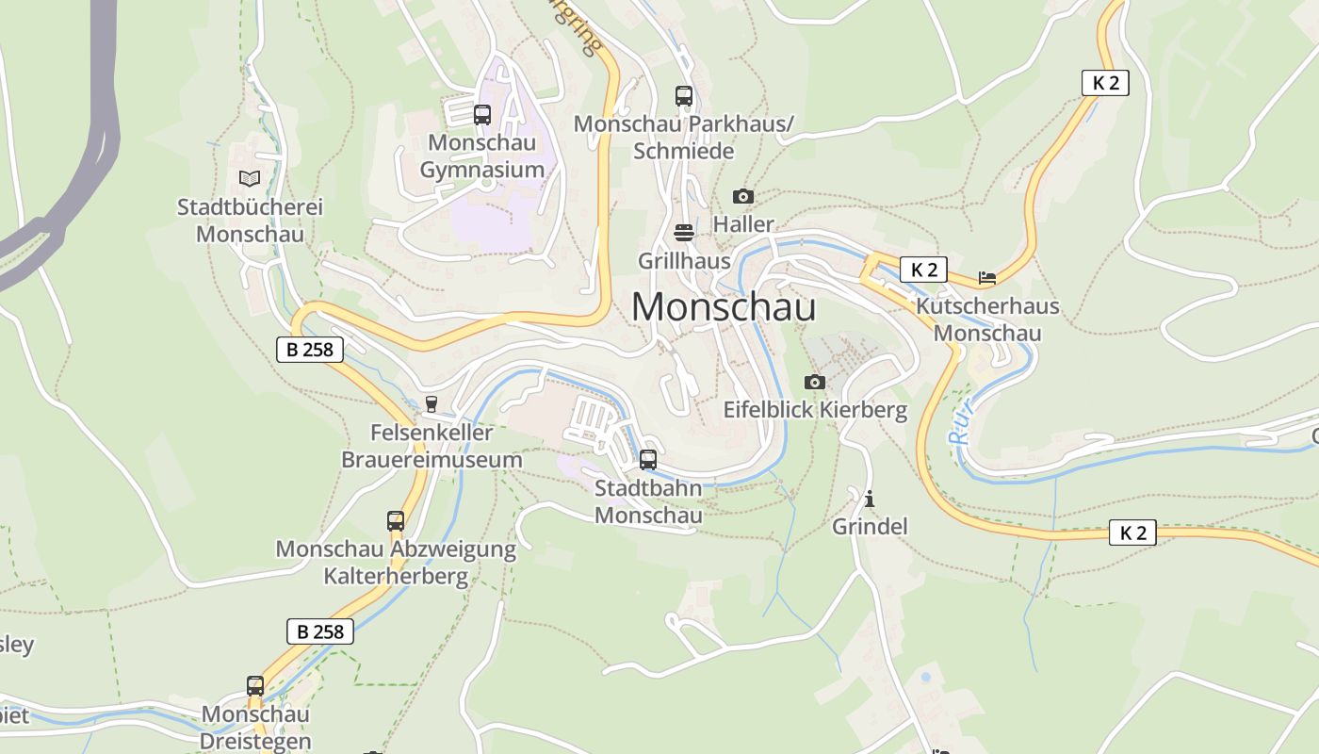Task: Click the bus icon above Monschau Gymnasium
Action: (x=482, y=115)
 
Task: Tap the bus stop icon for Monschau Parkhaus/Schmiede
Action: (x=684, y=96)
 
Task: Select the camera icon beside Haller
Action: (x=743, y=196)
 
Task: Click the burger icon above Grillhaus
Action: (x=684, y=233)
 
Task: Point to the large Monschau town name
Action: (x=723, y=307)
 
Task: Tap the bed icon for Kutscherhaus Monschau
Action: (x=986, y=278)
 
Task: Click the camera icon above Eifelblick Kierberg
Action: (x=815, y=382)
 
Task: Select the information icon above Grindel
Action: (x=870, y=499)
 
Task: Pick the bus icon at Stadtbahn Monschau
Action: (x=648, y=460)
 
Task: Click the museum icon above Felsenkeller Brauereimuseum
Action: (x=432, y=404)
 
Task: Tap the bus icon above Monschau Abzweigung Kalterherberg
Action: (x=396, y=520)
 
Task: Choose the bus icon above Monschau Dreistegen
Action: (x=255, y=686)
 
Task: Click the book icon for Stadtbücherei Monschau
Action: (x=250, y=178)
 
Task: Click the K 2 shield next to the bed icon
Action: (x=923, y=270)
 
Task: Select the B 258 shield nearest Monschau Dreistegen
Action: (x=320, y=631)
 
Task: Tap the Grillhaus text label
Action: (x=684, y=260)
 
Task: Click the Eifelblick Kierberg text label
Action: (x=815, y=410)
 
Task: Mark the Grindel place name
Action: (x=870, y=526)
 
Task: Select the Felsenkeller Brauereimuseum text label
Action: (x=432, y=447)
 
